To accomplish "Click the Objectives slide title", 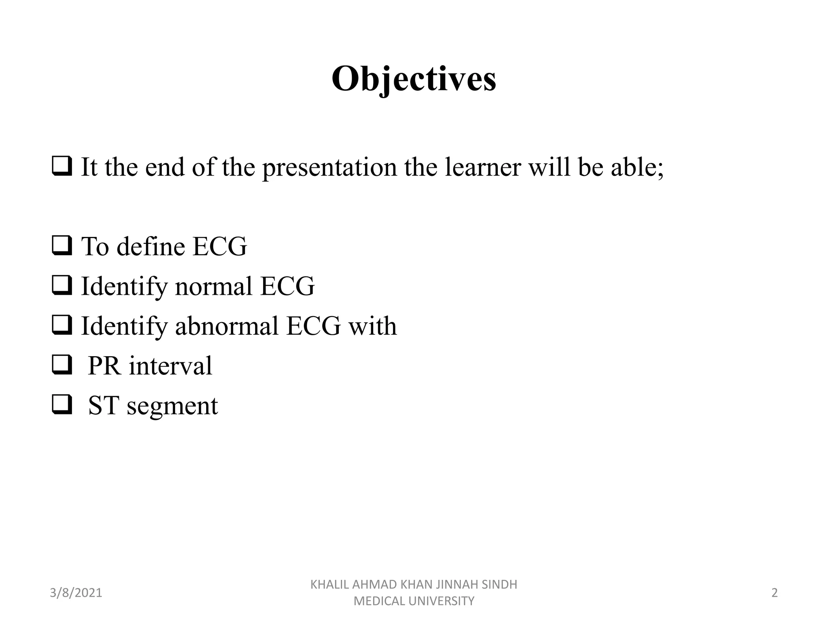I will pyautogui.click(x=414, y=79).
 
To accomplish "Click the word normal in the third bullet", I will pyautogui.click(x=213, y=286).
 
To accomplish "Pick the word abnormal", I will pyautogui.click(x=227, y=326).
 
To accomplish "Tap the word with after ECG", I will pyautogui.click(x=372, y=326).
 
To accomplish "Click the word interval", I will pyautogui.click(x=170, y=365).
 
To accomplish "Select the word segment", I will pyautogui.click(x=173, y=406).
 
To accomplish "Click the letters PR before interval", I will pyautogui.click(x=104, y=365).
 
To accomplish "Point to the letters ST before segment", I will pyautogui.click(x=103, y=406).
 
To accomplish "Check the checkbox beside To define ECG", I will pyautogui.click(x=62, y=246).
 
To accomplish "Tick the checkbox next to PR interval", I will pyautogui.click(x=62, y=365).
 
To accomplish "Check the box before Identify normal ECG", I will pyautogui.click(x=62, y=286).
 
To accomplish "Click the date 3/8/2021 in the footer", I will pyautogui.click(x=76, y=593).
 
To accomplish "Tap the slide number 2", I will pyautogui.click(x=775, y=593).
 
